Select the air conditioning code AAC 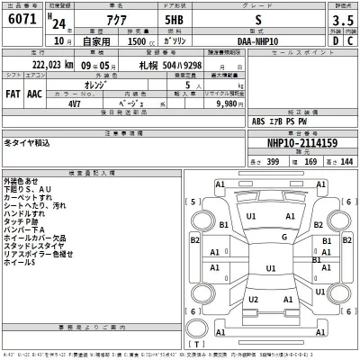pos(34,94)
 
